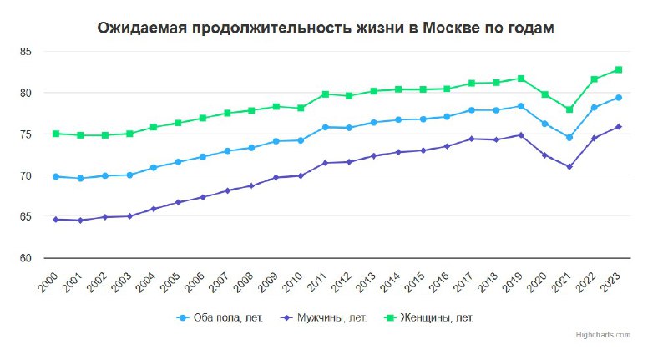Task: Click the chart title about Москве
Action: pyautogui.click(x=325, y=28)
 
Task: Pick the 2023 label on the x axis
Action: pyautogui.click(x=613, y=279)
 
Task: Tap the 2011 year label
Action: pyautogui.click(x=318, y=279)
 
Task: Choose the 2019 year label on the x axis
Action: pyautogui.click(x=514, y=279)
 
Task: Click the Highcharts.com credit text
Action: pyautogui.click(x=603, y=334)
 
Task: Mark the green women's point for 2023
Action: pyautogui.click(x=620, y=70)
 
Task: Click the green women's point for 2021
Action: pyautogui.click(x=570, y=109)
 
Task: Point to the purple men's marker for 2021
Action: pyautogui.click(x=570, y=167)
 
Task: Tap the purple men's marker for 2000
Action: pyautogui.click(x=55, y=220)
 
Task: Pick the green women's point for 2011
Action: pyautogui.click(x=325, y=94)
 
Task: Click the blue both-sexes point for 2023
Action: pyautogui.click(x=620, y=98)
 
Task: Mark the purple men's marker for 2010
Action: pyautogui.click(x=301, y=176)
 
